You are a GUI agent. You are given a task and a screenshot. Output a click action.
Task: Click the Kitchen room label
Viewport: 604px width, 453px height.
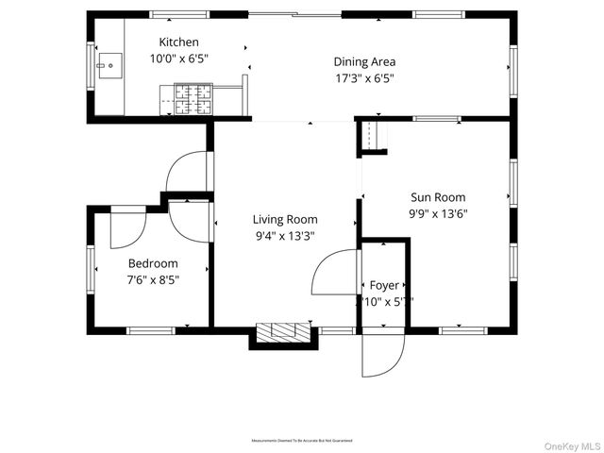[178, 42]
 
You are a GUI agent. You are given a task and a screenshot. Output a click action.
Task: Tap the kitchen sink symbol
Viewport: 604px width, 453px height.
[109, 66]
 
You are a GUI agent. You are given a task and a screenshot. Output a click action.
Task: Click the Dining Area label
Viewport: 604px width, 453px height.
[364, 61]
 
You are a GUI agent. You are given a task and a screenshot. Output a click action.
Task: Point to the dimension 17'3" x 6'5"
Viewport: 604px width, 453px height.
[364, 78]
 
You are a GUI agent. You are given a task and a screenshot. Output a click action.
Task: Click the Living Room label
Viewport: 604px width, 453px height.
[284, 219]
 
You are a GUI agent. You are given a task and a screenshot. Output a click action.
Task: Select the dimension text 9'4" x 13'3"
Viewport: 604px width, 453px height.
[284, 236]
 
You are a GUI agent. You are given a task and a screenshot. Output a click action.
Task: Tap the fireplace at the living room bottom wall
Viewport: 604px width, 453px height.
[283, 332]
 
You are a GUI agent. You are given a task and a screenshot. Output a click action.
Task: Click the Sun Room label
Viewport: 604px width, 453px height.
[438, 197]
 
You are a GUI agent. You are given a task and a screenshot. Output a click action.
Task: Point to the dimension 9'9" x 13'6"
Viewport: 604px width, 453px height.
[438, 214]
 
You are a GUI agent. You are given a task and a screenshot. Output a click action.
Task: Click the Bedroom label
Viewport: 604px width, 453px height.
[152, 263]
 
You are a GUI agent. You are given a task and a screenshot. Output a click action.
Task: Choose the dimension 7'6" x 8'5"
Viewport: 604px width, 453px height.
[152, 280]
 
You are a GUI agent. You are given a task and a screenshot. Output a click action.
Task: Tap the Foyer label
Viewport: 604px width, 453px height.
[383, 285]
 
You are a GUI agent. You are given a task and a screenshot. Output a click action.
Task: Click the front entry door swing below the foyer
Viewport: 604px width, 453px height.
[383, 353]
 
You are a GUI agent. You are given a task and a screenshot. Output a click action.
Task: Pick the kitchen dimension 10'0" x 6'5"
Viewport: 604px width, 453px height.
[178, 59]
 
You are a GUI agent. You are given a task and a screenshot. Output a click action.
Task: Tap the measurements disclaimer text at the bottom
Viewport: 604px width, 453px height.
[301, 441]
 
